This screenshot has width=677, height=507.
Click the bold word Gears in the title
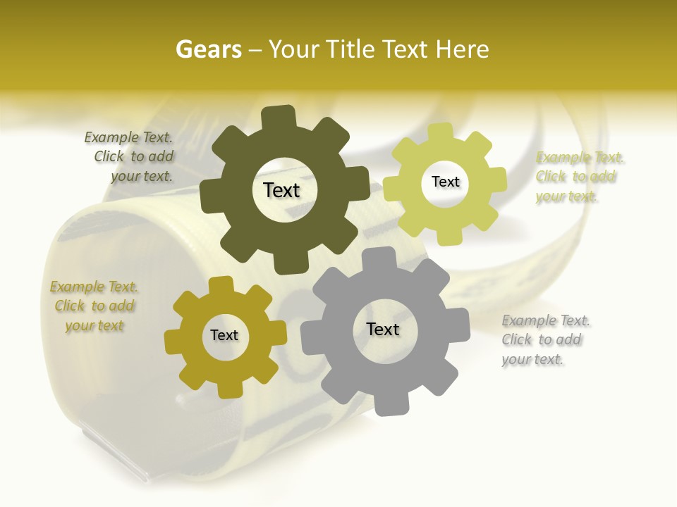tap(208, 49)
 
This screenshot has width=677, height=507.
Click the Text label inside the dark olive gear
tap(281, 190)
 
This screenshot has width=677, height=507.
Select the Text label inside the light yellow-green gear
tap(445, 182)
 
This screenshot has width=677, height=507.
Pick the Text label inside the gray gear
tap(383, 329)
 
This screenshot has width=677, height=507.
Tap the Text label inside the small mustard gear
tap(224, 336)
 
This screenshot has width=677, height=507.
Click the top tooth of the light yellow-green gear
tap(441, 132)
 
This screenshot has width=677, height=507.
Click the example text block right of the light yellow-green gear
tap(580, 177)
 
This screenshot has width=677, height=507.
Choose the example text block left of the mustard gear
tap(94, 306)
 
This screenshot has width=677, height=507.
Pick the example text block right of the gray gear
tap(545, 340)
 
